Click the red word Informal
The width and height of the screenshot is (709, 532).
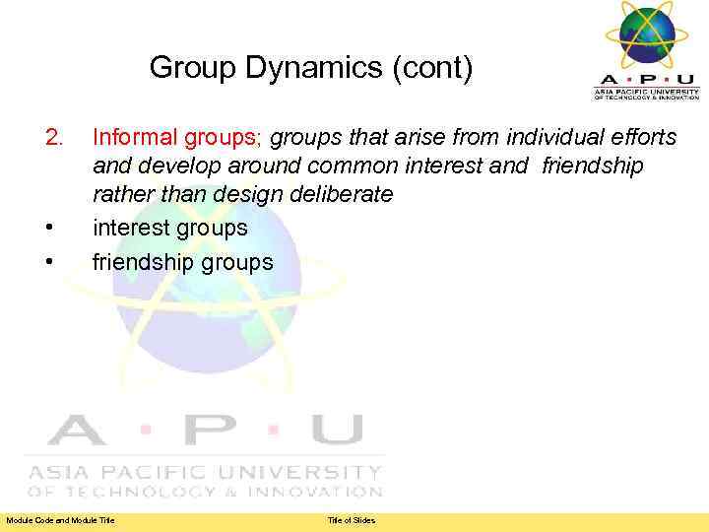(x=133, y=137)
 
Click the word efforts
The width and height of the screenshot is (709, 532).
(x=641, y=137)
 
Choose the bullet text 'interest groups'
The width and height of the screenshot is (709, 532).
(x=170, y=228)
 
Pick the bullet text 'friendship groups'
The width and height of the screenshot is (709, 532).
(x=182, y=262)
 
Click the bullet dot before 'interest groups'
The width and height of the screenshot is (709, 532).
(x=48, y=229)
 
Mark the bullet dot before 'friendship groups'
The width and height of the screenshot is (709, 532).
(x=48, y=263)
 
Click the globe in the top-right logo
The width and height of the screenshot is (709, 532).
(x=646, y=34)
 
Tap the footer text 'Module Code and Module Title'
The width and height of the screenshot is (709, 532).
(x=60, y=520)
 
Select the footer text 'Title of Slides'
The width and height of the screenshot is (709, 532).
(x=352, y=520)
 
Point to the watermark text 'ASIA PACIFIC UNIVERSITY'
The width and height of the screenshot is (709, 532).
(x=205, y=473)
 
